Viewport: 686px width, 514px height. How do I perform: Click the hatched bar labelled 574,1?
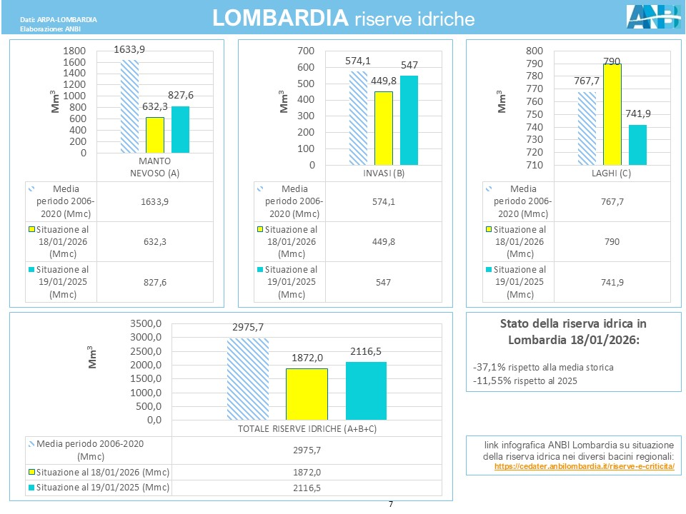point(358,118)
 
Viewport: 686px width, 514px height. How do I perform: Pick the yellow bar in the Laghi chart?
point(612,114)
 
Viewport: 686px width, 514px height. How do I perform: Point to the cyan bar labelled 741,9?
point(637,145)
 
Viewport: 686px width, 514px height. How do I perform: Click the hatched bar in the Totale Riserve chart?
point(247,378)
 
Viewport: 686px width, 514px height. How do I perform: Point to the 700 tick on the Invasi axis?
point(307,51)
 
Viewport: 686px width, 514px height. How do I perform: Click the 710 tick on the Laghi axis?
point(534,166)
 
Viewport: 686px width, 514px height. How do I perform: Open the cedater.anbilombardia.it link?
point(585,466)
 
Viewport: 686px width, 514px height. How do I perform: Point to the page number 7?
point(391,505)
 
